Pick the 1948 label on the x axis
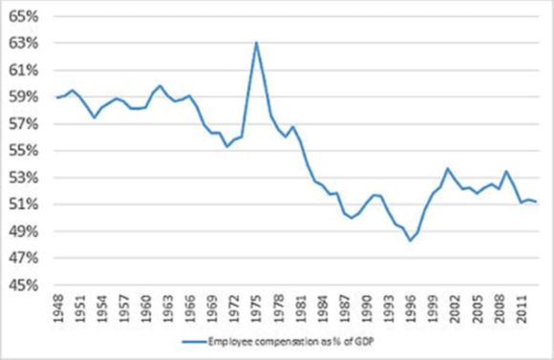pos(59,307)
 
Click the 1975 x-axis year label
pos(256,307)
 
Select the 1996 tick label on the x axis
pos(409,307)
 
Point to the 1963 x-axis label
pos(168,307)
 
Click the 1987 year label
pos(343,307)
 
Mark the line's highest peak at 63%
pos(256,43)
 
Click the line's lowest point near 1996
pos(409,241)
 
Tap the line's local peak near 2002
pos(447,169)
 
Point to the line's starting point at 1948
pos(57,97)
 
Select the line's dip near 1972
pos(227,146)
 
